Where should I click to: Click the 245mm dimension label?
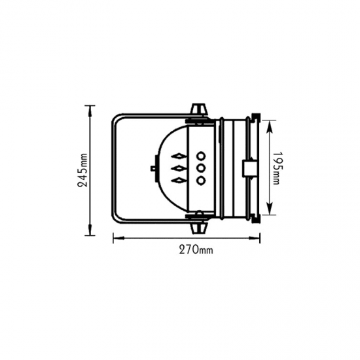(82, 170)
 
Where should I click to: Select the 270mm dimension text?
(196, 249)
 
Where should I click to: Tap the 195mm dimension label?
(277, 168)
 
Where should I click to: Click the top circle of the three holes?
(201, 156)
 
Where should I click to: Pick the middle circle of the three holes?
(201, 168)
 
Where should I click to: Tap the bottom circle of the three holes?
(201, 181)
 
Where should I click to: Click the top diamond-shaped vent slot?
(179, 156)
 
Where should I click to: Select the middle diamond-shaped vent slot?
(179, 169)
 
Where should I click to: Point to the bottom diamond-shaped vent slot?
(179, 181)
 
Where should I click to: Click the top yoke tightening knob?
(199, 110)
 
